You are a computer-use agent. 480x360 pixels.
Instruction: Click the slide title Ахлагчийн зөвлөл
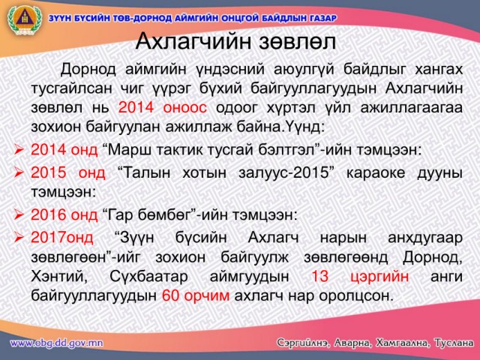point(235,42)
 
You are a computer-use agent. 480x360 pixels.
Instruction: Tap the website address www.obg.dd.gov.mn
point(56,343)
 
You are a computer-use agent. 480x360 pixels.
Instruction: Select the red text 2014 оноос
point(163,108)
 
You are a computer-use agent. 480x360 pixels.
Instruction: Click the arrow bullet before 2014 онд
point(19,150)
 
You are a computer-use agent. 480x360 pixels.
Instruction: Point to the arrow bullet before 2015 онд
point(19,172)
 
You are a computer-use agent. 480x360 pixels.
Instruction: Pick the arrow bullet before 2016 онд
point(19,214)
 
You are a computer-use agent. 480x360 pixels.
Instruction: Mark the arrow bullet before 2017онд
point(19,237)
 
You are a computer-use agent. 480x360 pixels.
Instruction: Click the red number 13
point(320,276)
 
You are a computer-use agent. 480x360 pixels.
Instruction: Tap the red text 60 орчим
point(196,295)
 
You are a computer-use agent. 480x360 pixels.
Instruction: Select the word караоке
point(376,172)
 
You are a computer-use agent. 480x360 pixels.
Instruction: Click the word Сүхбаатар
point(148,277)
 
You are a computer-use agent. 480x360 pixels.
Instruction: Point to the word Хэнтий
point(59,277)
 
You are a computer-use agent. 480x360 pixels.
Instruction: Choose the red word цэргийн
point(379,277)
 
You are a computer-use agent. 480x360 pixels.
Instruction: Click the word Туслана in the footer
point(454,343)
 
